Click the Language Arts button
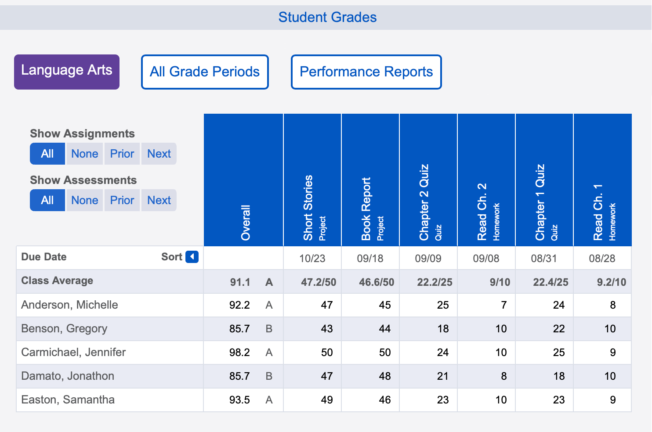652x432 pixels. [67, 72]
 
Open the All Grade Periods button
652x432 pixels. [205, 72]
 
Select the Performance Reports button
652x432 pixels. [366, 72]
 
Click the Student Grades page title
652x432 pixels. [327, 17]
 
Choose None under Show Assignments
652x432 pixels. [85, 154]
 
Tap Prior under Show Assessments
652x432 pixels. [122, 200]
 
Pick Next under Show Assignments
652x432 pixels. [159, 154]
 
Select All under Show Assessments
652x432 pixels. [47, 200]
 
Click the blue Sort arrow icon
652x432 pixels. [192, 257]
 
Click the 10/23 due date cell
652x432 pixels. [312, 258]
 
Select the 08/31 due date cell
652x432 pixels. [544, 258]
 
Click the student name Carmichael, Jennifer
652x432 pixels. [73, 352]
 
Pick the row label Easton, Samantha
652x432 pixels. [68, 400]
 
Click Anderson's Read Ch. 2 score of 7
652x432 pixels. [503, 305]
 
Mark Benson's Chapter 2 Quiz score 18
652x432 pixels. [443, 329]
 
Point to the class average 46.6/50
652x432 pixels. [377, 282]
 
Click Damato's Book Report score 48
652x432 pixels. [384, 376]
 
